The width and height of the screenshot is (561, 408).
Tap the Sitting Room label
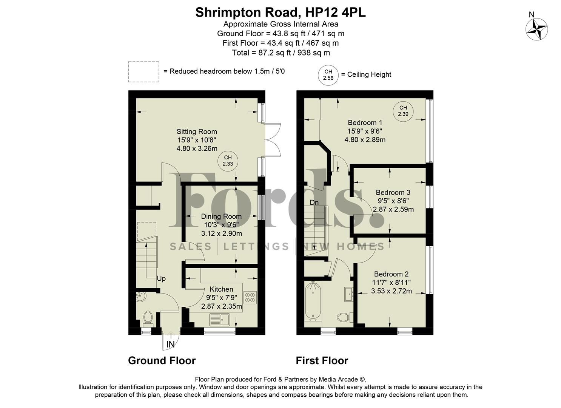[x=197, y=132]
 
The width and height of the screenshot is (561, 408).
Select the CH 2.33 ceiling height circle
[x=228, y=161]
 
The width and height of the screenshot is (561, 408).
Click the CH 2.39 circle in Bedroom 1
[x=403, y=111]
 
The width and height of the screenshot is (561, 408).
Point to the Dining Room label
[x=221, y=216]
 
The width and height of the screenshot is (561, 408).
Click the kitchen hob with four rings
[x=250, y=297]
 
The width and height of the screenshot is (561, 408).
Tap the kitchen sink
[x=220, y=320]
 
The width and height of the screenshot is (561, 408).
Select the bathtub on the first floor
[x=313, y=301]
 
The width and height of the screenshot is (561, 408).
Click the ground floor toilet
[x=148, y=318]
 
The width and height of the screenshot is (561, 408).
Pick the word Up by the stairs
[x=161, y=279]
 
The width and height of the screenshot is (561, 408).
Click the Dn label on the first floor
[x=314, y=202]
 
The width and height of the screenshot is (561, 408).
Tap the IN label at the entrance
[x=171, y=344]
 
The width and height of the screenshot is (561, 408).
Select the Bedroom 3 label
[x=393, y=193]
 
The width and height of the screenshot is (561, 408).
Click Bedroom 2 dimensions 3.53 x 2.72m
[x=391, y=291]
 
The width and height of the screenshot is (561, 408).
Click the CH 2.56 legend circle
[x=328, y=75]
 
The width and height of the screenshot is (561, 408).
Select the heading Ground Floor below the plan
[x=162, y=360]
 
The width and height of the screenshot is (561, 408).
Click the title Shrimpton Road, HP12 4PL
[x=280, y=12]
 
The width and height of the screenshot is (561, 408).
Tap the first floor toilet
[x=344, y=317]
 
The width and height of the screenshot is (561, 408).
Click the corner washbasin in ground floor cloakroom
[x=140, y=297]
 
